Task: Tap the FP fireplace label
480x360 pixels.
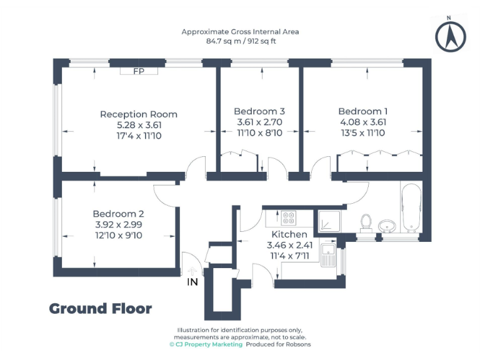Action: click(x=139, y=71)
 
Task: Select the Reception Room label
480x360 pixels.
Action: click(x=139, y=114)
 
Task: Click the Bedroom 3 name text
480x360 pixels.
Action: click(x=259, y=111)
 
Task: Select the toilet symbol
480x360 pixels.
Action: click(x=367, y=222)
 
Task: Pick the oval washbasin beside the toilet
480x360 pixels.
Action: click(x=388, y=226)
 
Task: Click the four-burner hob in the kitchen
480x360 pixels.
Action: click(x=289, y=218)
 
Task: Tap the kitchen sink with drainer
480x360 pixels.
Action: click(x=328, y=254)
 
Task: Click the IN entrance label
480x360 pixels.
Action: click(x=192, y=282)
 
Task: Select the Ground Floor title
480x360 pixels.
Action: click(x=100, y=308)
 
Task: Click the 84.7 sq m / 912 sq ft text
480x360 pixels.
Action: click(x=241, y=41)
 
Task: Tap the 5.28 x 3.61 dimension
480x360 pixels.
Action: click(x=139, y=125)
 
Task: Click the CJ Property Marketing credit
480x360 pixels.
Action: click(x=206, y=344)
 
